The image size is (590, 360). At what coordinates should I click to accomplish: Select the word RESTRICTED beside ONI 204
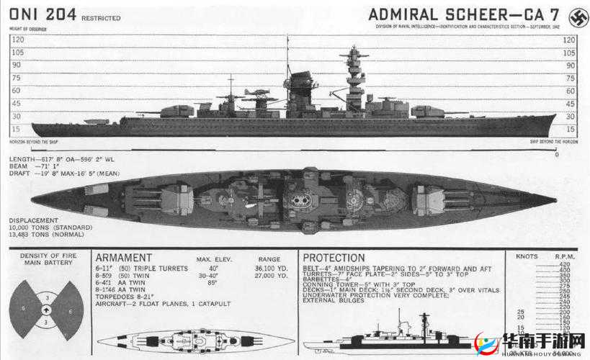pyautogui.click(x=101, y=18)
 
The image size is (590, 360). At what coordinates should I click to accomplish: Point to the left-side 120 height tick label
pyautogui.click(x=17, y=40)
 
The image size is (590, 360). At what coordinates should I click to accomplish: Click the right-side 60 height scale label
pyautogui.click(x=570, y=90)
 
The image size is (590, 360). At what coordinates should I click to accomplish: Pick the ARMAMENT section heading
pyautogui.click(x=123, y=258)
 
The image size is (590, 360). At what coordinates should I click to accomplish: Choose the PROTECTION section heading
pyautogui.click(x=334, y=258)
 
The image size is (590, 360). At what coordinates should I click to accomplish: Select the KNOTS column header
pyautogui.click(x=527, y=256)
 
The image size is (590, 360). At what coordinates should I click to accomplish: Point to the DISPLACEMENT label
pyautogui.click(x=34, y=220)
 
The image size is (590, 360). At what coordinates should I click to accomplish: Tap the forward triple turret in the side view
pyautogui.click(x=425, y=111)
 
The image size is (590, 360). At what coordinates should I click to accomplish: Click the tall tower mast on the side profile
pyautogui.click(x=354, y=76)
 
